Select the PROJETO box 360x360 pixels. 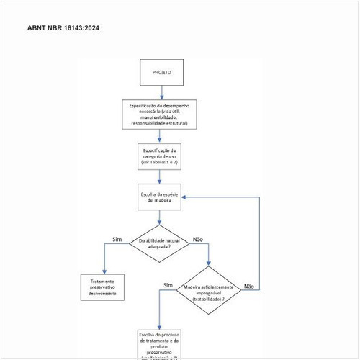pyautogui.click(x=161, y=73)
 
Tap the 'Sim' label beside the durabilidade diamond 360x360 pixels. pyautogui.click(x=117, y=239)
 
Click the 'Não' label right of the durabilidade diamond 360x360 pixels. pyautogui.click(x=198, y=239)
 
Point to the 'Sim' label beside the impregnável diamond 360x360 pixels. pyautogui.click(x=168, y=285)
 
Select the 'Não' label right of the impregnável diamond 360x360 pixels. pyautogui.click(x=249, y=286)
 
